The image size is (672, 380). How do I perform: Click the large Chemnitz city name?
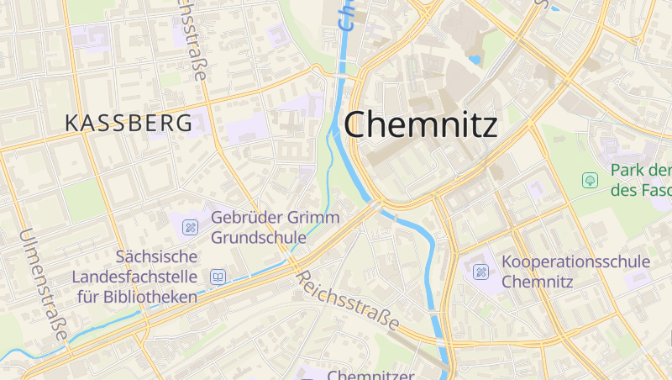point(421,124)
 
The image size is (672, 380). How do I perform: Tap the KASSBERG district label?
point(129,123)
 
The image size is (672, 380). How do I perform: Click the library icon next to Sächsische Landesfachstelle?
point(218,277)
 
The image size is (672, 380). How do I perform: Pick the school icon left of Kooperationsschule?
point(480,272)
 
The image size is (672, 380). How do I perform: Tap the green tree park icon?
point(591,180)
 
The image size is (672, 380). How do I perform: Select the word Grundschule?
point(258,237)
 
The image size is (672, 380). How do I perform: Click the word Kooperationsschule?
point(575,261)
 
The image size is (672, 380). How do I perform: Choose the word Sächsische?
point(156,256)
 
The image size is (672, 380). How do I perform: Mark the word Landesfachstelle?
point(134,277)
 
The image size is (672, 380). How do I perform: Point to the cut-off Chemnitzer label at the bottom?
point(372,374)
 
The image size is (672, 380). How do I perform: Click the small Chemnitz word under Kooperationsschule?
point(537,282)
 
